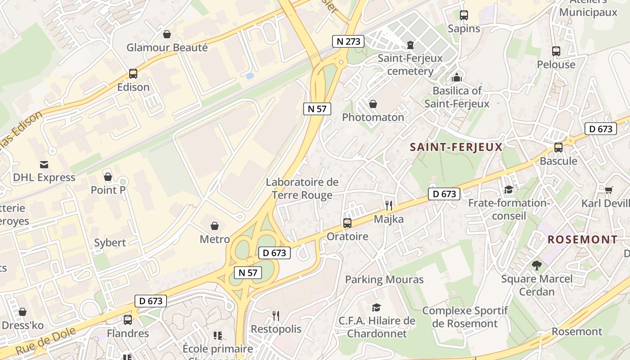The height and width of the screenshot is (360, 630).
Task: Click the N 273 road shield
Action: pos(348,41)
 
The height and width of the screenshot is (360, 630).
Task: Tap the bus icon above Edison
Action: pos(133,73)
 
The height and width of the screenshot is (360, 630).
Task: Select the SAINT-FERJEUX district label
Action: pos(456,147)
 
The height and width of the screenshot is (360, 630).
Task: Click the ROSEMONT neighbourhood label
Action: pos(582,239)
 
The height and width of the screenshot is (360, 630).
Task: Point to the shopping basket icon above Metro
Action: pos(215,225)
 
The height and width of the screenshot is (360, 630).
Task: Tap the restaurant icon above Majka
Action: pos(389,206)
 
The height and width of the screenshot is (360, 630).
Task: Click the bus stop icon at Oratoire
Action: pos(347,223)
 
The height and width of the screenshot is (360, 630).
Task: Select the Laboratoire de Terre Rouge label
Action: pos(302,189)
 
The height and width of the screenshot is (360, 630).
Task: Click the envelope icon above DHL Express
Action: pos(44,164)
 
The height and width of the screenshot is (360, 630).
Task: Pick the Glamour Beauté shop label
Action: pos(167,47)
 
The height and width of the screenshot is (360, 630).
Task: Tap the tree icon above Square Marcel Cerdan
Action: pos(536,265)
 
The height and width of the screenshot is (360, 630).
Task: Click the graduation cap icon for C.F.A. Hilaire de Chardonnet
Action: pos(376,307)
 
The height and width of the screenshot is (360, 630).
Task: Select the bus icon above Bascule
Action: pos(558,147)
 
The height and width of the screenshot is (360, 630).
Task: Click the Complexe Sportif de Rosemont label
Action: pos(465,317)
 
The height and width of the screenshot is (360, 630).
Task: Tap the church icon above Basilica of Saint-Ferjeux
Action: pos(457,77)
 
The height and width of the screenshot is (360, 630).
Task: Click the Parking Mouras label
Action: pos(384,279)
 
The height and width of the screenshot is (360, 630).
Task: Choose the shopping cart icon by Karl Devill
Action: pos(608,190)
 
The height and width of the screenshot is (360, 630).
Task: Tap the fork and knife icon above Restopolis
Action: pos(276,316)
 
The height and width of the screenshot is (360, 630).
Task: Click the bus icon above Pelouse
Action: pos(556,51)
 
